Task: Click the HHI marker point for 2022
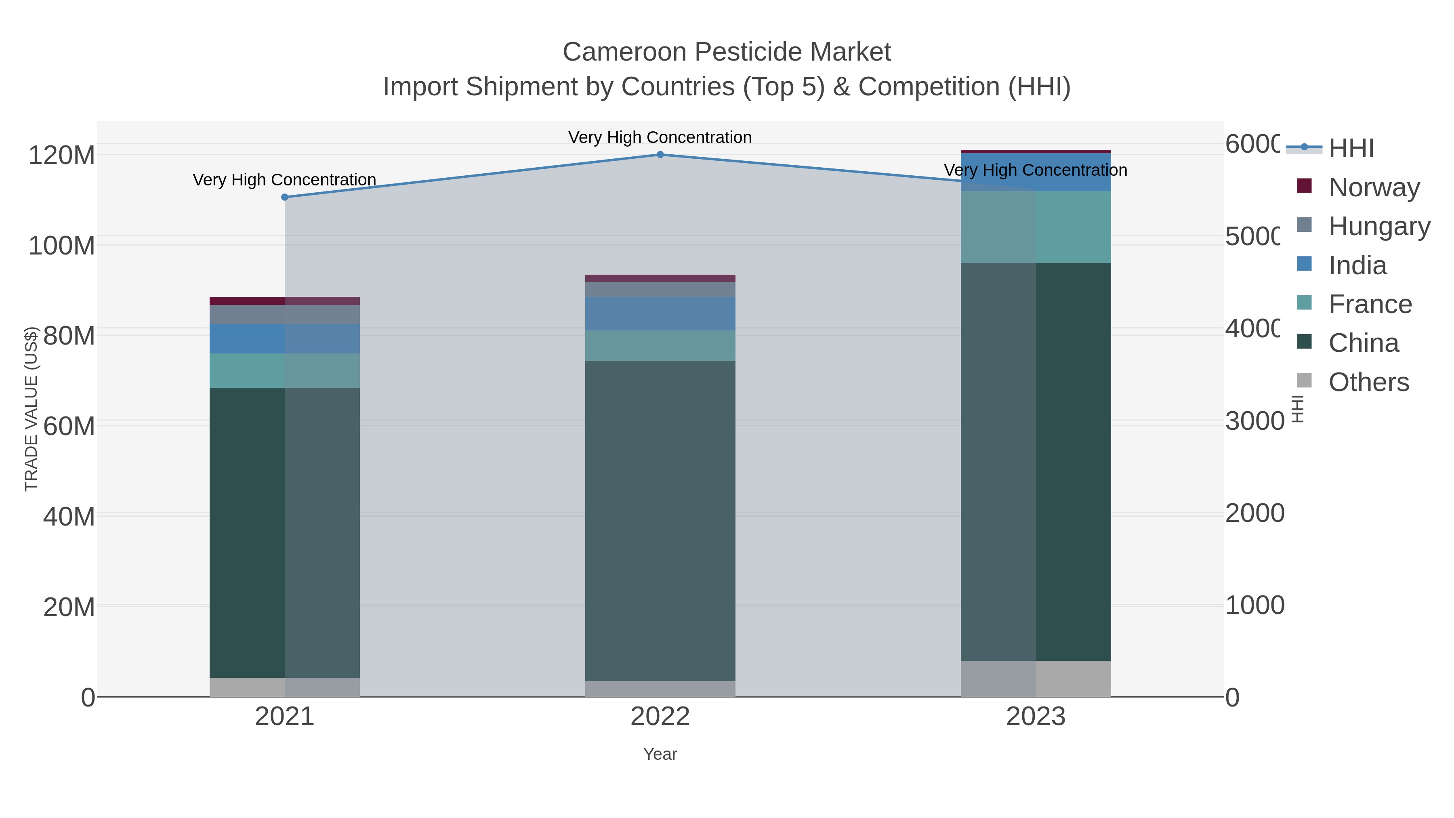tap(660, 154)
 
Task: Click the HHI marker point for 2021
tap(284, 197)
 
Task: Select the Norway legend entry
tap(1373, 187)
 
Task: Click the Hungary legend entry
tap(1379, 226)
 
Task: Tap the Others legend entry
tap(1368, 382)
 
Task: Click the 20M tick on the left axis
tap(69, 607)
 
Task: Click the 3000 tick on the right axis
tap(1254, 421)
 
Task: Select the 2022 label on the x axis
tap(660, 716)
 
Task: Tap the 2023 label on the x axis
tap(1036, 716)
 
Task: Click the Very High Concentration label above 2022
tap(660, 137)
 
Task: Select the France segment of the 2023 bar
tap(1036, 227)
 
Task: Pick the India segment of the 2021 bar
tap(284, 339)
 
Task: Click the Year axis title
tap(660, 754)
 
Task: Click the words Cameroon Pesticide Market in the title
tap(727, 52)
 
